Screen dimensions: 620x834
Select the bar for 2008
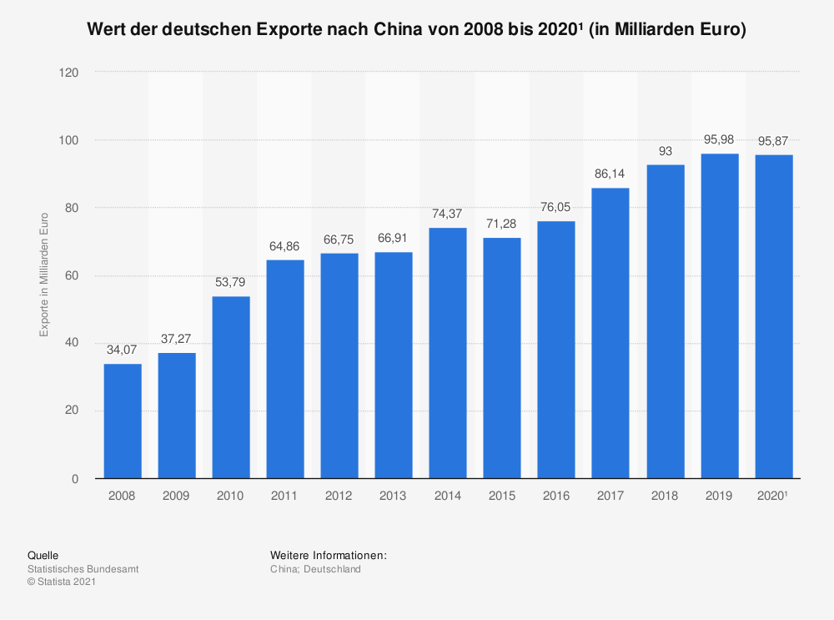point(123,421)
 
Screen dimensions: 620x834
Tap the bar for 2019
point(720,316)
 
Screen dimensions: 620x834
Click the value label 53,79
point(231,284)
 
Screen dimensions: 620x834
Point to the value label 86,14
point(610,175)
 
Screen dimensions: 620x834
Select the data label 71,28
point(502,225)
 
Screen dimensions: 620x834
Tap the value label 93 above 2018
point(666,152)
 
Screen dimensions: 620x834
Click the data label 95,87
point(774,141)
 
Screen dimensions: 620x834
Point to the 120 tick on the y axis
point(69,73)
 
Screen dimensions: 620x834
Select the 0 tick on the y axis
point(75,479)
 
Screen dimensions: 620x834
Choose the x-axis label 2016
point(556,496)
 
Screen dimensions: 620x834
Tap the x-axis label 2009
point(177,496)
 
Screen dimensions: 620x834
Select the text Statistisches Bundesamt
point(83,569)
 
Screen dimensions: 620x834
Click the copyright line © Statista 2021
point(62,582)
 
